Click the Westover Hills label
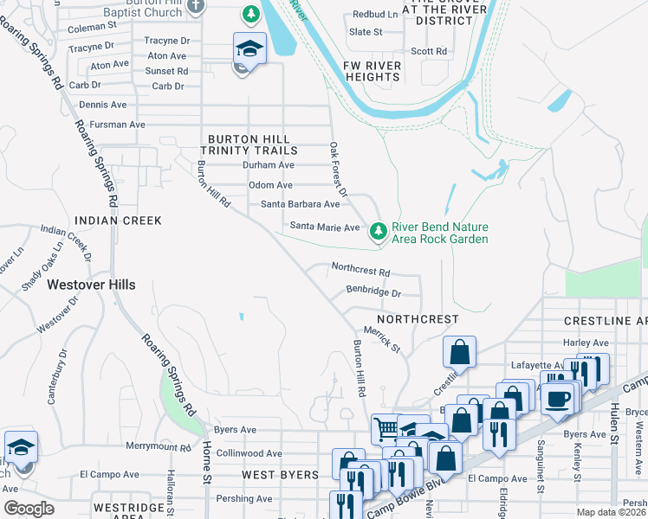coord(91,284)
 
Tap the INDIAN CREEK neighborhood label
coord(118,221)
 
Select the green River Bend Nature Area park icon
coord(378,231)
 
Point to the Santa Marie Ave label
coord(324,227)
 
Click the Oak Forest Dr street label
coord(339,169)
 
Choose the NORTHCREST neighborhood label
coord(418,319)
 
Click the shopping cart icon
coord(385,428)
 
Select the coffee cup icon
coord(559,399)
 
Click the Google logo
coord(29,508)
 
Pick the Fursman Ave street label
coord(112,125)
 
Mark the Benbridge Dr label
coord(373,293)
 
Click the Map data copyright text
coord(612,512)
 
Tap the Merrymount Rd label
coord(158,447)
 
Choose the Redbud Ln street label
coord(375,15)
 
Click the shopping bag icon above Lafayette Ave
coord(459,351)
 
